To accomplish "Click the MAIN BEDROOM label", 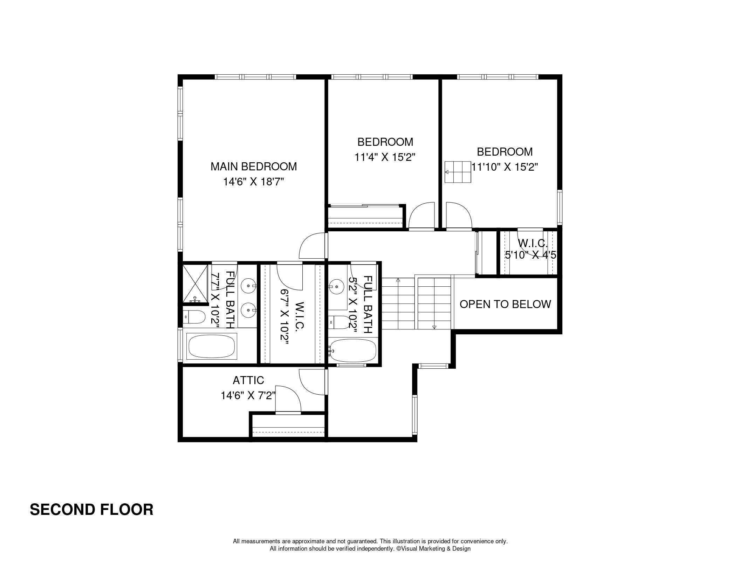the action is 253,166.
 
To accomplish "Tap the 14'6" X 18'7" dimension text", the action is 253,182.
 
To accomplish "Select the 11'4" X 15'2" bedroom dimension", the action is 385,157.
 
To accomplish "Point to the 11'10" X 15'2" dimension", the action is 505,167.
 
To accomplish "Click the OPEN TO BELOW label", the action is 505,304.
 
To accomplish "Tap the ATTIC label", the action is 248,380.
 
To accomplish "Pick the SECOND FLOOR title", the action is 91,510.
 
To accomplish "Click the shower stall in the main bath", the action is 195,284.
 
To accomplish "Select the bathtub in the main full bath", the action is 212,346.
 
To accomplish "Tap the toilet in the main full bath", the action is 194,317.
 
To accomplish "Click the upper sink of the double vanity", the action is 249,286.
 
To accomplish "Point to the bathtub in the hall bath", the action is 353,350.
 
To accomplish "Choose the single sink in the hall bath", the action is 336,286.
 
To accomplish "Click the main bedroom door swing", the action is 312,246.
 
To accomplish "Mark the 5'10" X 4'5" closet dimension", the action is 530,255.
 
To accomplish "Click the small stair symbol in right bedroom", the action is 458,172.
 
